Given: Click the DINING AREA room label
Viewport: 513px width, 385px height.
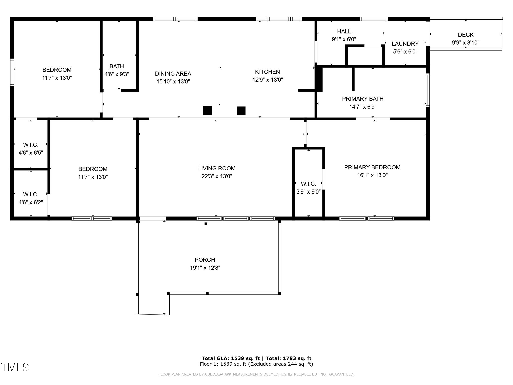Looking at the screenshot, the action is coord(173,74).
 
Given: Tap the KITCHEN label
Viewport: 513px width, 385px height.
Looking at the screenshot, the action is coord(267,72).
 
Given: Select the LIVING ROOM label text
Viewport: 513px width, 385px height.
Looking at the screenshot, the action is coord(217,168).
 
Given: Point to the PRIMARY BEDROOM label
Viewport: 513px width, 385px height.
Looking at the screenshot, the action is coord(372,167).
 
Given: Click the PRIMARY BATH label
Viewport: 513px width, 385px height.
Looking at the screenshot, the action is coord(363,99).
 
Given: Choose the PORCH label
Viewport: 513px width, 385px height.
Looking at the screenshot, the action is coord(205,260).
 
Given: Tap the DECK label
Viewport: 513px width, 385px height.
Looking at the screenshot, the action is coord(466,35).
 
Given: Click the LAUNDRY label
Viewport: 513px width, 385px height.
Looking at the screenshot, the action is coord(405,44).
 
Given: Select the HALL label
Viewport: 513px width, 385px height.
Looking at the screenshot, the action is coord(344,32).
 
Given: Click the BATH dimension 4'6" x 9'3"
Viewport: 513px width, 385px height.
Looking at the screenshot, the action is coord(117,74).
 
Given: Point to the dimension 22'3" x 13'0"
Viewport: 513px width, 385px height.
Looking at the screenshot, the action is coord(217,176).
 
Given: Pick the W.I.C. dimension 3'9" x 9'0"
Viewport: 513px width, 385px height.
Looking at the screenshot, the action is coord(308,192).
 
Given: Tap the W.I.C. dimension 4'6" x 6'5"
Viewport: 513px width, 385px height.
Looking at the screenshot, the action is coord(31,153).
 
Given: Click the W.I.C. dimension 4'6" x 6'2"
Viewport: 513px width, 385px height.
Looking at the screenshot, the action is coord(31,202).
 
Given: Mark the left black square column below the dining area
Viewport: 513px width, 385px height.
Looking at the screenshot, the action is coord(207,110).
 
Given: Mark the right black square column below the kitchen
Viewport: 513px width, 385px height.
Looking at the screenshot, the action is coord(241,111).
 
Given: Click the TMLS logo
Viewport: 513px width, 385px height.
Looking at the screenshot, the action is coord(15,367).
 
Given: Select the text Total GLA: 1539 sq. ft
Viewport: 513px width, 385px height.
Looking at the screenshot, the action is coord(230,358).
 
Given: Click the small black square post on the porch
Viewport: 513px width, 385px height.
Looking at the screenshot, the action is coord(206,224).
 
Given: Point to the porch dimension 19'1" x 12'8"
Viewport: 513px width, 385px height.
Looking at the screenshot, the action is coord(205,268).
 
